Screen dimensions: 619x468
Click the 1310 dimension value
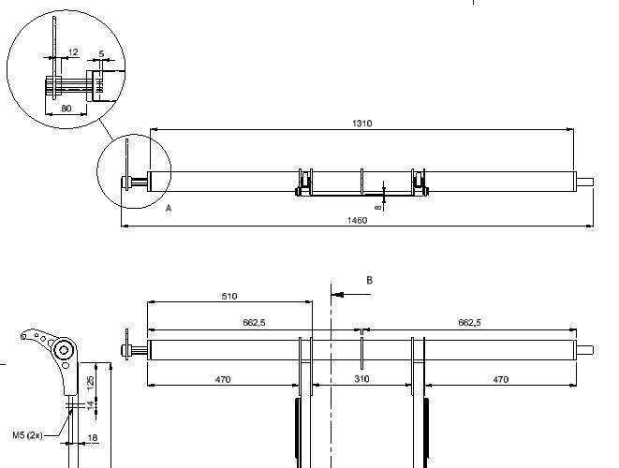point(362,124)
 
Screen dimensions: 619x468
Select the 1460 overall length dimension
point(357,220)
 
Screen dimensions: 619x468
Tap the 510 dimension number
point(229,297)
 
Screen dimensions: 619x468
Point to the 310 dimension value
point(361,379)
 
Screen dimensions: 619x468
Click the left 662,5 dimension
point(254,323)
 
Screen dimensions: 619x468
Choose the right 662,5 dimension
point(469,323)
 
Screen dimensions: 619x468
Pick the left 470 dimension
point(223,380)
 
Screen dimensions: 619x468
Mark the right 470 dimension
point(501,380)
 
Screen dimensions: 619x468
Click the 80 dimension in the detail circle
point(66,109)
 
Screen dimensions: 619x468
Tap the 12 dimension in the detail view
point(73,52)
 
